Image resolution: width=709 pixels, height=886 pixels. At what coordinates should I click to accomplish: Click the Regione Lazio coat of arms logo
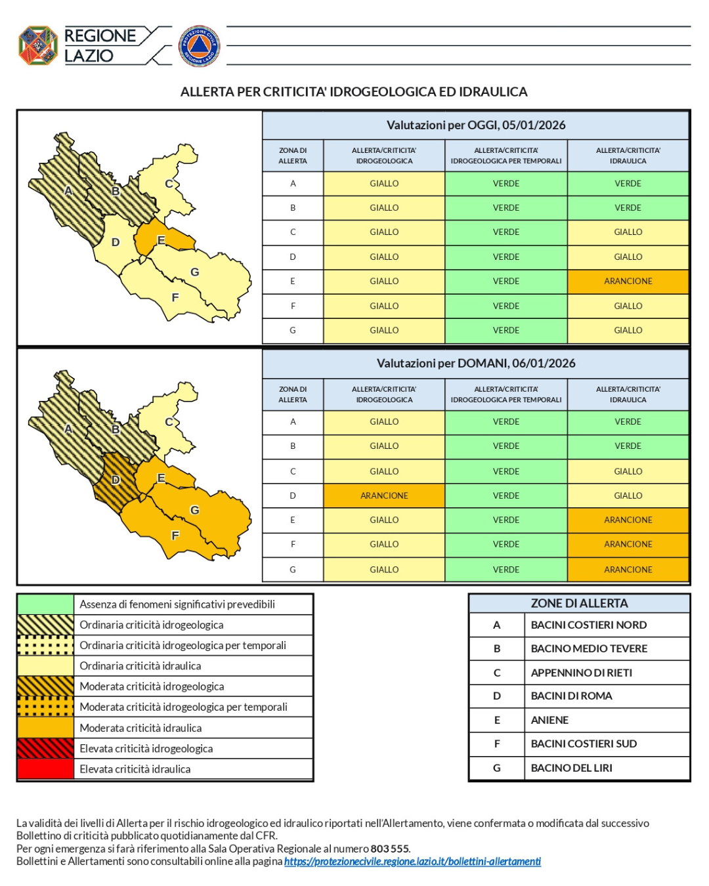coord(38,45)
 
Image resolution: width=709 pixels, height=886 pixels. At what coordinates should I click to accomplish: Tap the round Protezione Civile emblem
coord(199,46)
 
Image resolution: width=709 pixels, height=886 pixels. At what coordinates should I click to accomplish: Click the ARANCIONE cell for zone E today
coord(628,281)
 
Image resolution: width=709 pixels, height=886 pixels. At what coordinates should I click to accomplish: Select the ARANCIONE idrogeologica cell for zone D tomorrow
coord(384,496)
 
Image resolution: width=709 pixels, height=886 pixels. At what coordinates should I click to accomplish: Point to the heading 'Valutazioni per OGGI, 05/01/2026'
coord(475,125)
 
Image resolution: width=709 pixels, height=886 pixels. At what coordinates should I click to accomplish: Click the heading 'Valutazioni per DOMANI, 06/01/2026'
coord(475,363)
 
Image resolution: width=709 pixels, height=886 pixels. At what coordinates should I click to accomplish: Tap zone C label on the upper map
coord(169,184)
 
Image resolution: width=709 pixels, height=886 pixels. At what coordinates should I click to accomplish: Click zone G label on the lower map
coord(194,510)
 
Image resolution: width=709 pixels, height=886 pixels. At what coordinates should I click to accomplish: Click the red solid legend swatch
coord(45,769)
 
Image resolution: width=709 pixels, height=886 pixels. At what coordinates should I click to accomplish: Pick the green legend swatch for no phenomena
coord(45,604)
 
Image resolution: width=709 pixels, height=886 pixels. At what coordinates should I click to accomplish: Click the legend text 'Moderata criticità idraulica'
coord(140,728)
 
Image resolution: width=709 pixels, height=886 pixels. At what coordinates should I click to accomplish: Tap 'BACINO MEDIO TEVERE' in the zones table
coord(589,648)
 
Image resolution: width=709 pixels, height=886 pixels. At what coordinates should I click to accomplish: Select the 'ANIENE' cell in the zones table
coord(549,720)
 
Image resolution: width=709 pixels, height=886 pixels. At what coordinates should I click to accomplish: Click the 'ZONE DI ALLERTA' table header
coord(579,603)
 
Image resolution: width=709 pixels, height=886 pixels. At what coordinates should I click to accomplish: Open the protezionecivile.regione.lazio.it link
coord(412,861)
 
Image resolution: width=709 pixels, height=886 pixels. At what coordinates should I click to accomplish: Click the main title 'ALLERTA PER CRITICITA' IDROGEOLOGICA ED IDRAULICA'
coord(354,92)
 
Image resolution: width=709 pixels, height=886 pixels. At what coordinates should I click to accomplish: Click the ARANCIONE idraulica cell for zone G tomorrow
coord(628,570)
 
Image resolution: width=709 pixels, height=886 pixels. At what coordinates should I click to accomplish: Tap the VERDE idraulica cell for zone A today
coord(628,184)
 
